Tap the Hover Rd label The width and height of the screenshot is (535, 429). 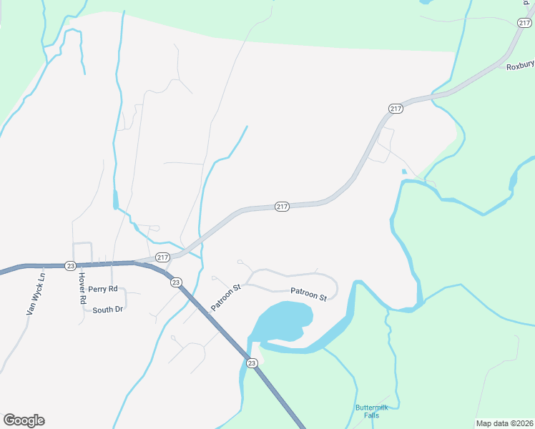click(x=82, y=289)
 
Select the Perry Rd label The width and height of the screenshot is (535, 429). click(x=102, y=289)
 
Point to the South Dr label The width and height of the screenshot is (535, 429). click(x=108, y=310)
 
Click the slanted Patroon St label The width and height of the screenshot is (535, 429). click(x=227, y=296)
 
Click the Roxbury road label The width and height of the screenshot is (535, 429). click(x=520, y=66)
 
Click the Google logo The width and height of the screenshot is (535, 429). click(x=24, y=420)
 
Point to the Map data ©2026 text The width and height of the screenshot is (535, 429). click(x=504, y=423)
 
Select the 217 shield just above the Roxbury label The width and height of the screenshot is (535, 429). click(x=396, y=108)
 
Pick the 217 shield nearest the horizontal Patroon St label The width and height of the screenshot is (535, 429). click(x=282, y=207)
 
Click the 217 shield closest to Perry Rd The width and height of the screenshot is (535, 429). click(x=162, y=257)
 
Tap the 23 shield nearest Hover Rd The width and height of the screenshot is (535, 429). click(x=70, y=265)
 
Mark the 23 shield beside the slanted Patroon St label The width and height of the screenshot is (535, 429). click(x=176, y=282)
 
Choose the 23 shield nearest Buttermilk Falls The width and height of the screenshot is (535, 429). click(x=252, y=363)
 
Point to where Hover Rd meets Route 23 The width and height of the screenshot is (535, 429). click(x=80, y=265)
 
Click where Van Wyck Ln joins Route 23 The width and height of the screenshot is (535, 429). click(x=44, y=265)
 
